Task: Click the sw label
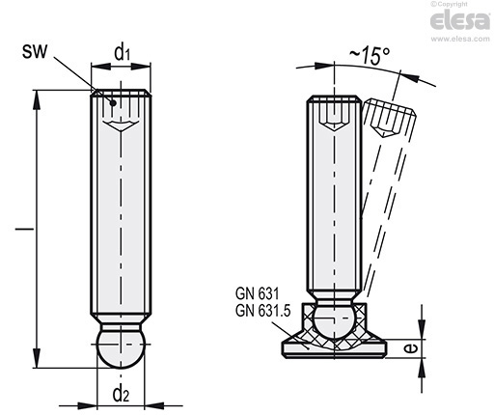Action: point(35,51)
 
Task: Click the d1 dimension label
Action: point(122,52)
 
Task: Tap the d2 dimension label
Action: point(121,394)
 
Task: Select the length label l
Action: point(24,229)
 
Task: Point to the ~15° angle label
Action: point(370,55)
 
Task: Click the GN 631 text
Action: point(258,293)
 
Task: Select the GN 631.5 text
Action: point(263,311)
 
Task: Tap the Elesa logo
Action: point(460,20)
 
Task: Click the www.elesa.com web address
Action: point(460,39)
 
